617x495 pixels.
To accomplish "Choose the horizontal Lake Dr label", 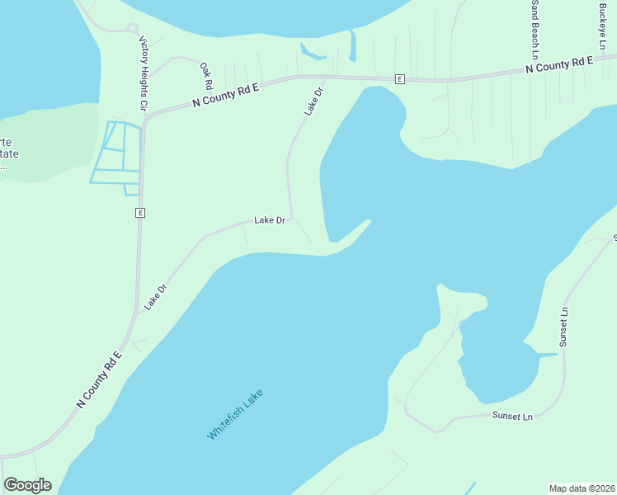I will pos(270,220).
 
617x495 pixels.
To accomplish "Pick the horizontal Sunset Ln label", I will pos(512,417).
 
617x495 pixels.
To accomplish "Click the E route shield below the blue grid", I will pos(140,213).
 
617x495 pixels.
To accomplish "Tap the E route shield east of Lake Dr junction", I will pos(399,79).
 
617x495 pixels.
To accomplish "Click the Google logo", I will pos(27,485).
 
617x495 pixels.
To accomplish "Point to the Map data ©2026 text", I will pos(582,488).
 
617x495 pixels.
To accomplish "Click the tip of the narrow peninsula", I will pos(368,220).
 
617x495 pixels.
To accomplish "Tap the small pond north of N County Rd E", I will pos(311,54).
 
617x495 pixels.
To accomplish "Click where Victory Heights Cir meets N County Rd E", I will pos(144,120).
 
